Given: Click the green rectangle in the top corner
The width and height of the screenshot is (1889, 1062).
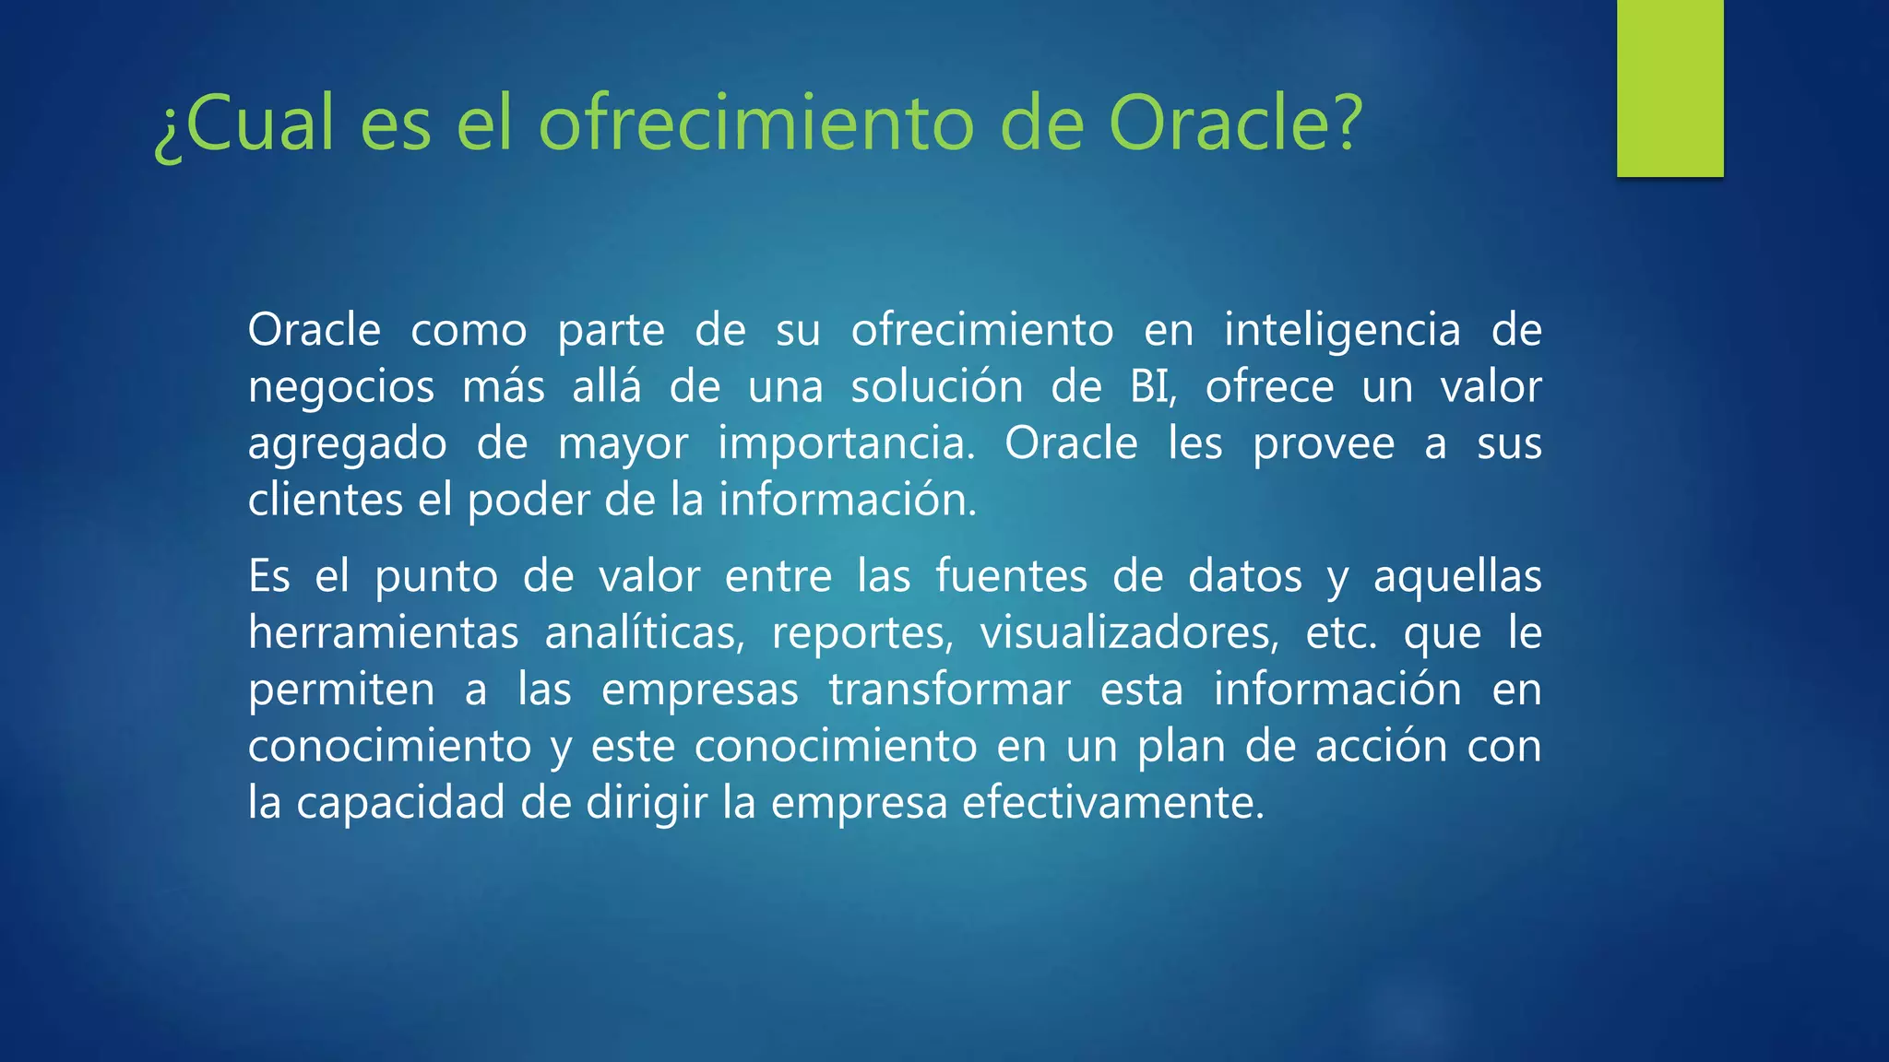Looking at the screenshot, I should (1669, 88).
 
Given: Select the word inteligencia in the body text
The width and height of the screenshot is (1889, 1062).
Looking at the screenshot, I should (1342, 330).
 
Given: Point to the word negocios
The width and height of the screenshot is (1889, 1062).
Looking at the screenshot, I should (341, 387).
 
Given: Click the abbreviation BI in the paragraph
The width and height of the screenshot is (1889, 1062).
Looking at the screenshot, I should (1152, 387).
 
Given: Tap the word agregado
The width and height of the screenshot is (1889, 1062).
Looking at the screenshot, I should (347, 444).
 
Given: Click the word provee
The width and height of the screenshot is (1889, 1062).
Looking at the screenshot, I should (1324, 444).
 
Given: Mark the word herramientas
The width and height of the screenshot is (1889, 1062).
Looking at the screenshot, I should (384, 633).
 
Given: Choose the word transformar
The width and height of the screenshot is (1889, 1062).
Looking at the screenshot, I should (950, 690).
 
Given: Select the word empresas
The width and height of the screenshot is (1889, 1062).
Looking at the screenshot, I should (700, 690).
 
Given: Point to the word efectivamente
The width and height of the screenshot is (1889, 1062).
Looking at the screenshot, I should (1112, 802).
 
